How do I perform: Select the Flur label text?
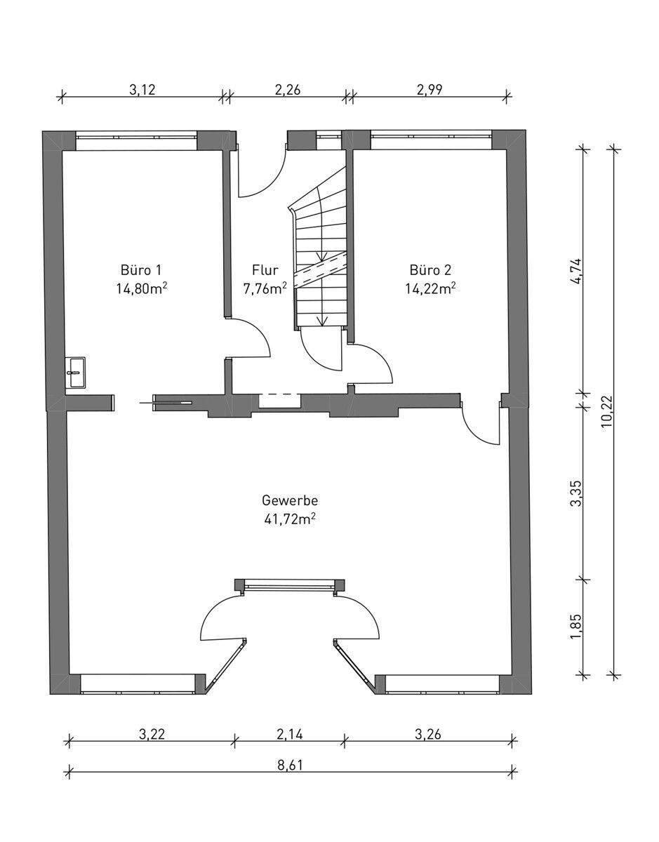point(265,269)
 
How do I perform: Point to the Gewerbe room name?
point(290,500)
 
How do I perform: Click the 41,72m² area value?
point(288,520)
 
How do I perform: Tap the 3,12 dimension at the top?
point(142,90)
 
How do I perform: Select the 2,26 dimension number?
point(288,90)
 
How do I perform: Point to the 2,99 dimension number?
point(430,90)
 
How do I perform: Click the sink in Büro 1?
point(76,373)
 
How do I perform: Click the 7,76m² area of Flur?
point(265,288)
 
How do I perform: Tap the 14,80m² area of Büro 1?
point(142,288)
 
